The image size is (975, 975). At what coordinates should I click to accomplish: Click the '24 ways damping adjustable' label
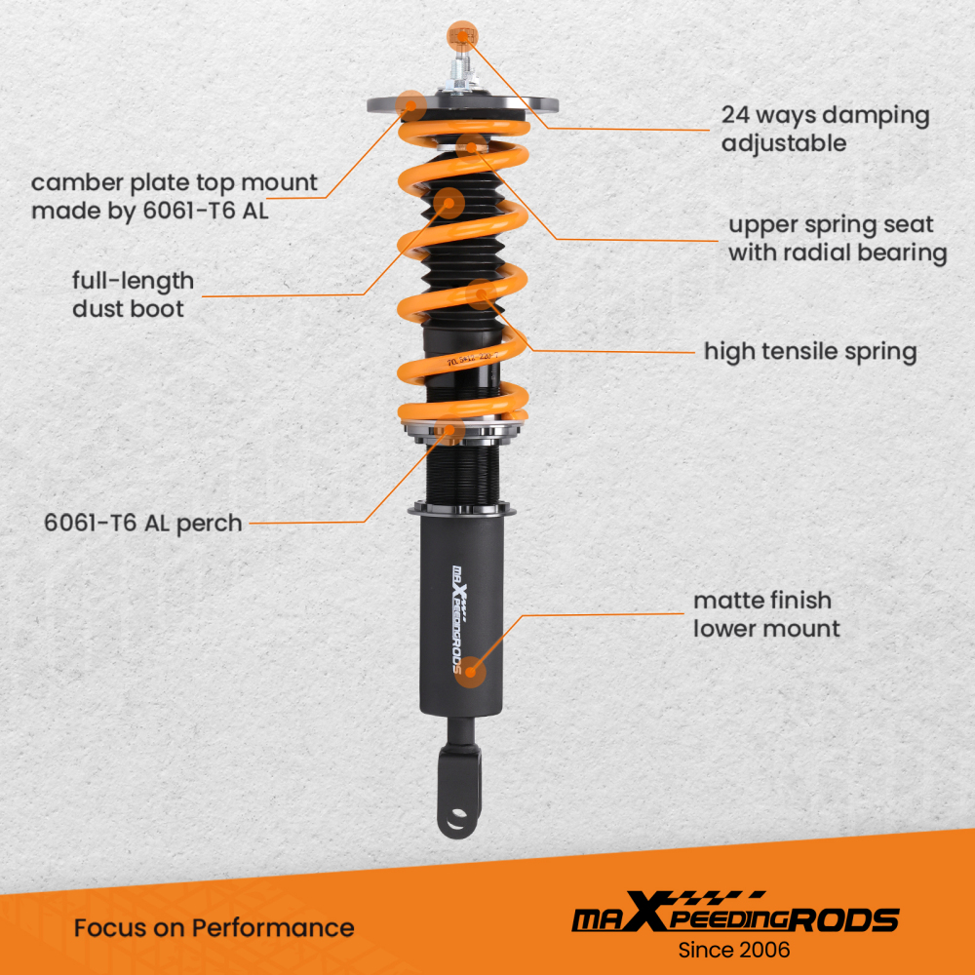825,129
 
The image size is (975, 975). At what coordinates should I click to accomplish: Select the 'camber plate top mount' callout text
175,196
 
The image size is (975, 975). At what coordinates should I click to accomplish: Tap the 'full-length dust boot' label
133,294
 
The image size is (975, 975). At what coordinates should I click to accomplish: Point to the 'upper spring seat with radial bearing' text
838,239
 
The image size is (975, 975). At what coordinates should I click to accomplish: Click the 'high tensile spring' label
810,351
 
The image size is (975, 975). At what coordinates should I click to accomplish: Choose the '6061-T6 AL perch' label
142,523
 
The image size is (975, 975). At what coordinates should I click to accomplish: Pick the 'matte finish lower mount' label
765,614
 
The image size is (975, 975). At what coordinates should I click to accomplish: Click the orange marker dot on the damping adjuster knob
459,36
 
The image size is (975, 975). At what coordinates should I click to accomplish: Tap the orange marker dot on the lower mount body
473,670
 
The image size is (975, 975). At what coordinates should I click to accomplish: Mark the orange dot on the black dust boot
448,203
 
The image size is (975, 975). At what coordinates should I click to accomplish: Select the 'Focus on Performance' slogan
214,927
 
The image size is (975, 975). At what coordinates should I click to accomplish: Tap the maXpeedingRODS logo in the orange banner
734,916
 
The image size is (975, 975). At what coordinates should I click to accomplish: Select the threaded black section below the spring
464,473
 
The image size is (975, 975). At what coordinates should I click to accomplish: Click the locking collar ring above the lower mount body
463,510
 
